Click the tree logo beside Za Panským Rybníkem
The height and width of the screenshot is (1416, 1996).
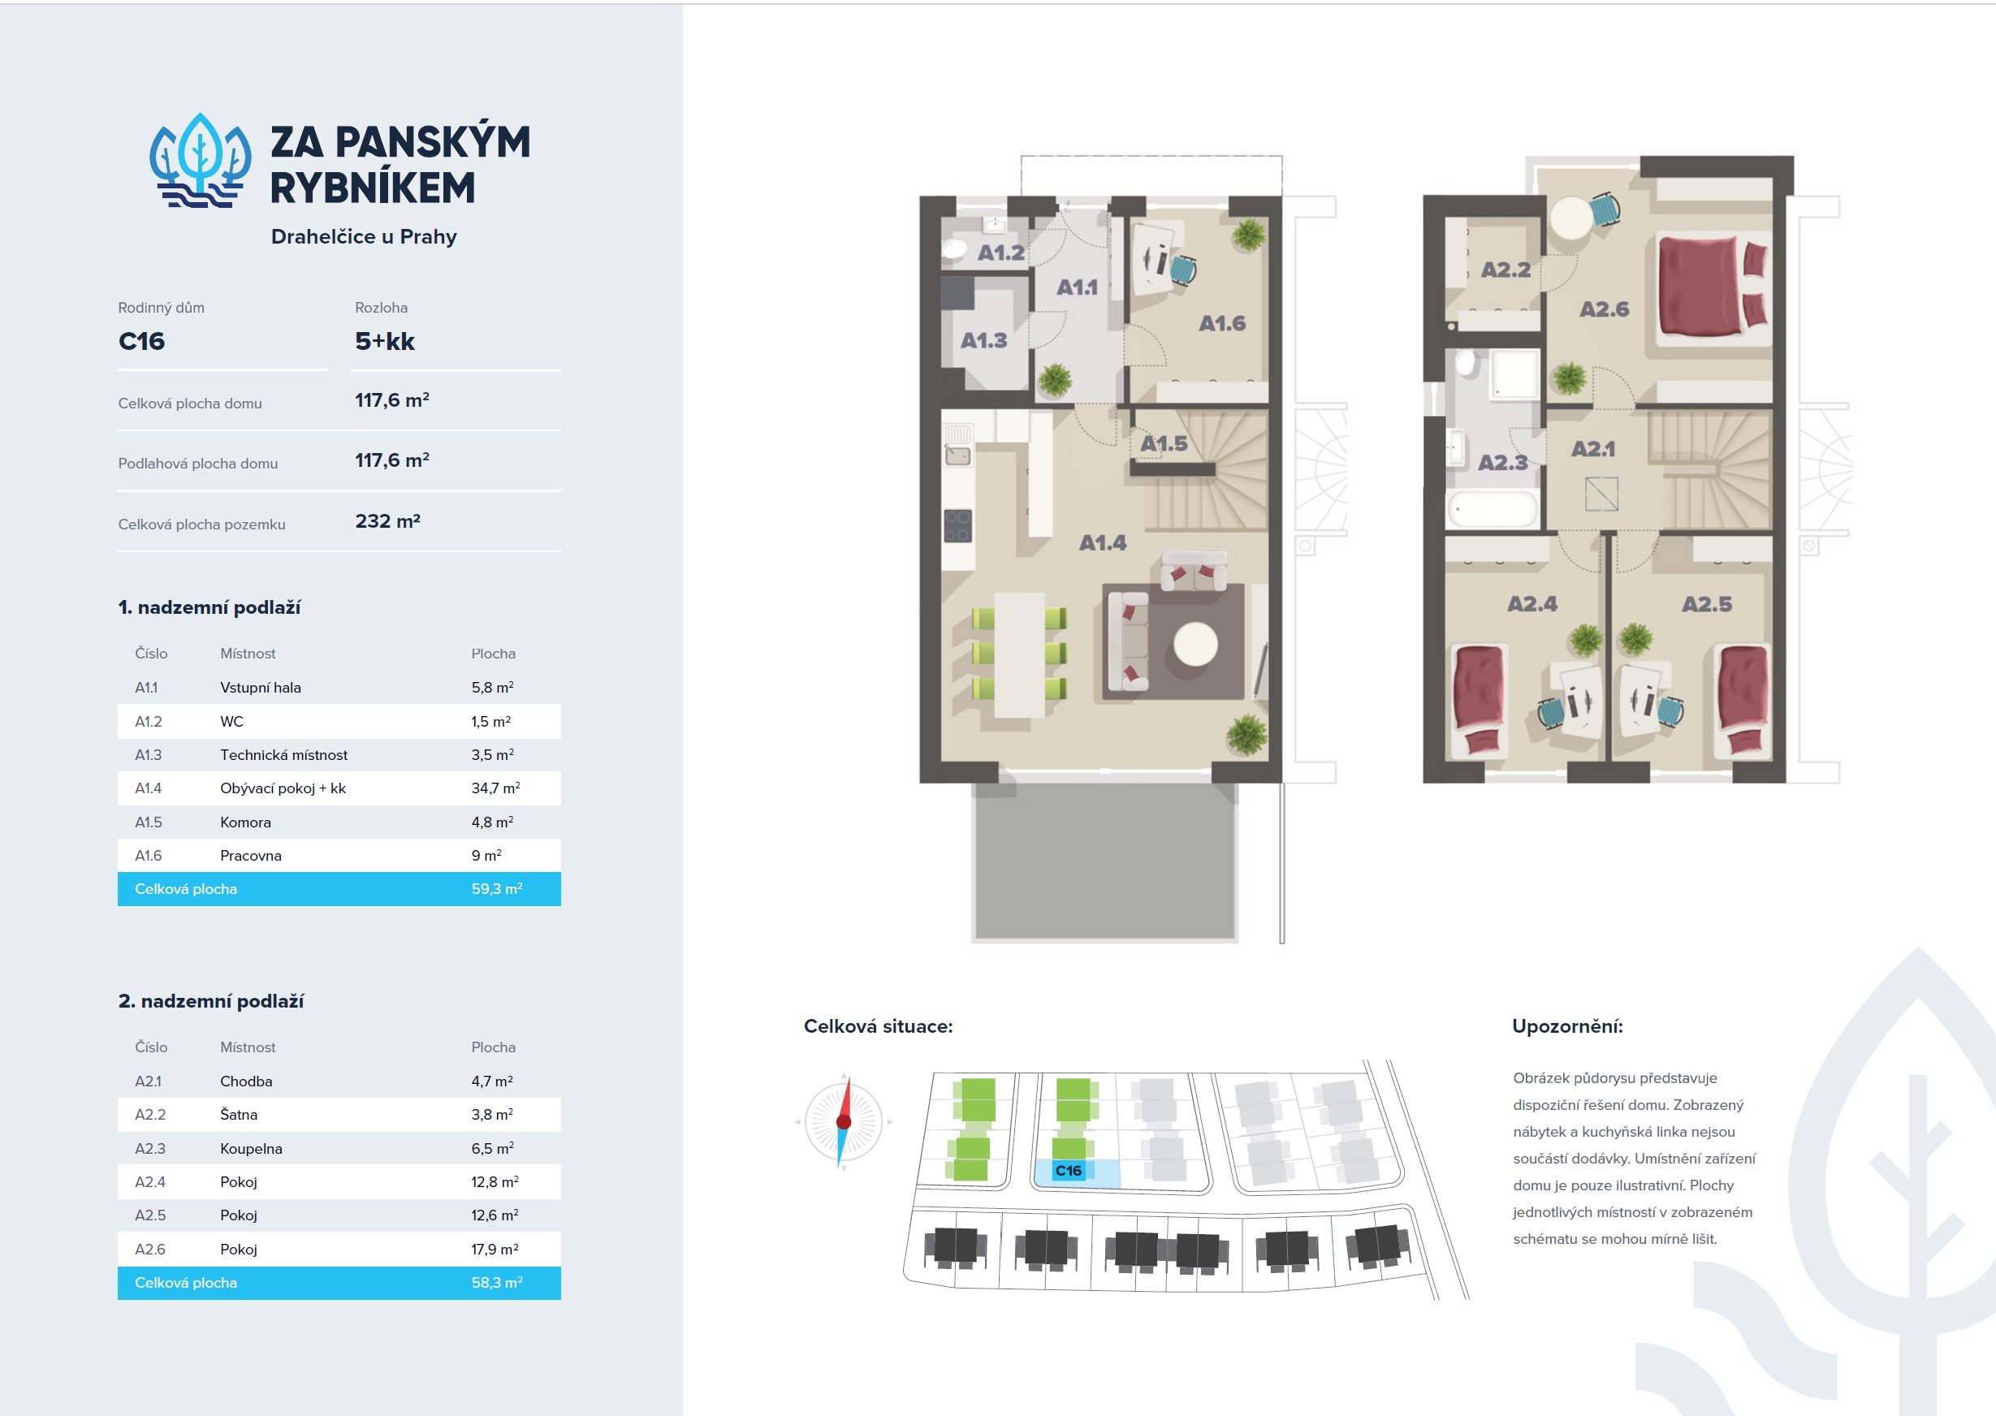[x=201, y=162]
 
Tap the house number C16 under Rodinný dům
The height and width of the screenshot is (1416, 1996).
[x=141, y=341]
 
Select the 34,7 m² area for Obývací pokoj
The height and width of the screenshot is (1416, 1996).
[x=495, y=788]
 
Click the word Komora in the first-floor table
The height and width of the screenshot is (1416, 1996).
[x=245, y=822]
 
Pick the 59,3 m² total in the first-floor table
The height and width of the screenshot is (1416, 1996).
[x=497, y=888]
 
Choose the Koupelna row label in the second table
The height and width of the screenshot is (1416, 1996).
[x=251, y=1148]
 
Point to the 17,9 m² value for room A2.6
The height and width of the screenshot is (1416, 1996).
[x=495, y=1250]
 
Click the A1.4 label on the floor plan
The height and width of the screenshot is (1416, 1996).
[x=1102, y=543]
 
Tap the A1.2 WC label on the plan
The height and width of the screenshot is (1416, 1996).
[x=1000, y=253]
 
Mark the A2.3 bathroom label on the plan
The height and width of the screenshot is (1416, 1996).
[x=1502, y=462]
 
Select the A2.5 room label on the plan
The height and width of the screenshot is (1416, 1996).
[x=1706, y=604]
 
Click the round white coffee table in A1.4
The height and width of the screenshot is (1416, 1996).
[x=1195, y=645]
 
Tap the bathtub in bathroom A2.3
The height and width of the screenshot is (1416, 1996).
[x=1493, y=509]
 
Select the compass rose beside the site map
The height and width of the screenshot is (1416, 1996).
[x=843, y=1121]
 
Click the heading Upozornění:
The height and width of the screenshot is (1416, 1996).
[x=1567, y=1026]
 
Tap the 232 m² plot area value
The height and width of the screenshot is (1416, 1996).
[x=388, y=521]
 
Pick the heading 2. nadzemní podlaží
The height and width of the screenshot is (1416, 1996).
[x=211, y=1001]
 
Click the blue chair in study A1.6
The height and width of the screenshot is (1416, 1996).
[x=1183, y=270]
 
